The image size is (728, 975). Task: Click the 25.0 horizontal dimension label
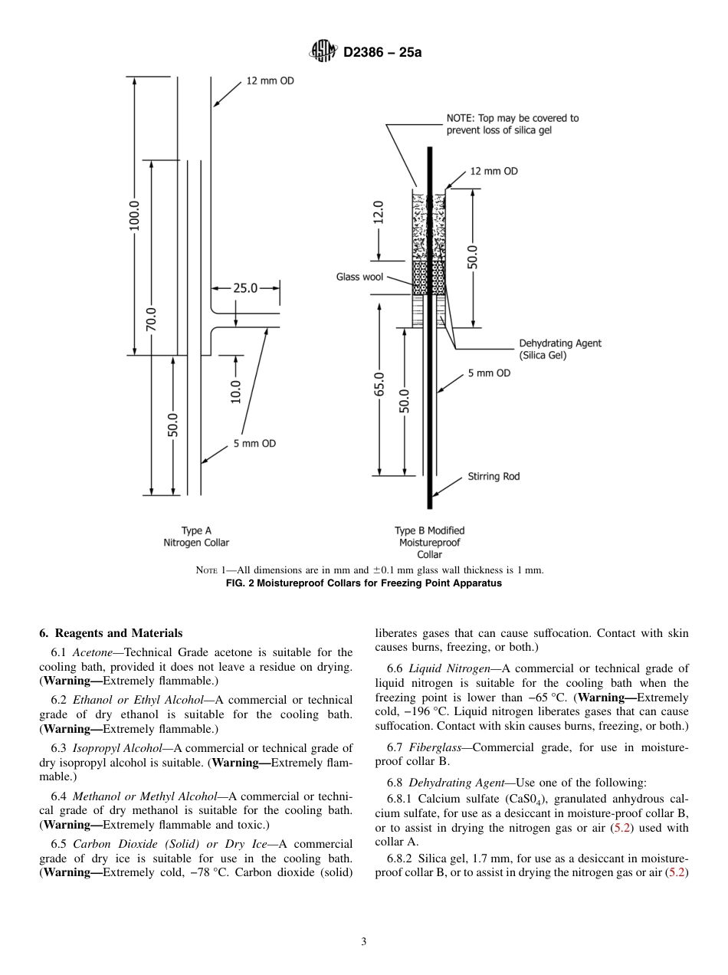(245, 288)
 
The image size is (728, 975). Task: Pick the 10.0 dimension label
(235, 392)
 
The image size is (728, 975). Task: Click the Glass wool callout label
(359, 277)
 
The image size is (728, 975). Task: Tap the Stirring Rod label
(494, 476)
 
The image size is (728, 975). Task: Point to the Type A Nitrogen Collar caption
(196, 537)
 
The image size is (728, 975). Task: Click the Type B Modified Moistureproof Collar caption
(429, 542)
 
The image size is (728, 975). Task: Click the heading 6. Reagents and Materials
(110, 633)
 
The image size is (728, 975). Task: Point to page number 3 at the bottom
(363, 942)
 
